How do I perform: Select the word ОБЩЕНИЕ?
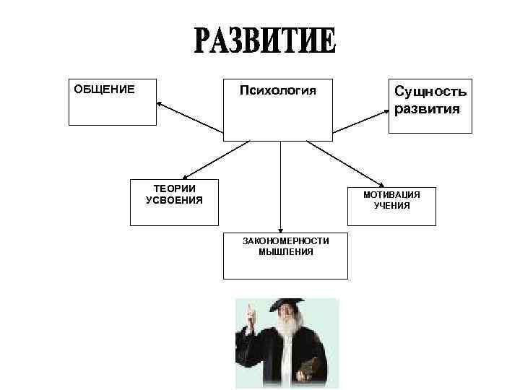click(104, 90)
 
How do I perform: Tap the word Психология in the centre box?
click(278, 91)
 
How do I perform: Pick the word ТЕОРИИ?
click(174, 188)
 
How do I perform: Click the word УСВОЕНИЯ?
click(174, 199)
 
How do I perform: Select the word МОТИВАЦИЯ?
click(391, 195)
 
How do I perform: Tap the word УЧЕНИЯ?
click(391, 206)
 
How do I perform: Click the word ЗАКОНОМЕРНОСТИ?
click(285, 241)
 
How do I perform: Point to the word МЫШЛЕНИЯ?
click(285, 252)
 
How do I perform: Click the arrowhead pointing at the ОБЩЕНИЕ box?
click(160, 105)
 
